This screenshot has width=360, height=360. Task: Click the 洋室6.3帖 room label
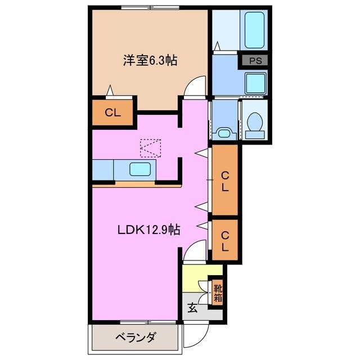(150, 60)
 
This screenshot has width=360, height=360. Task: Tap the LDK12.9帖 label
(148, 229)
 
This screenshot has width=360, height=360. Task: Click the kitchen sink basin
(139, 168)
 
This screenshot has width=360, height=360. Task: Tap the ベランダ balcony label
(136, 337)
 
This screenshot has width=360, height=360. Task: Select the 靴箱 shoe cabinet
(217, 292)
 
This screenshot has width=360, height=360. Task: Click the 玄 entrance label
(192, 308)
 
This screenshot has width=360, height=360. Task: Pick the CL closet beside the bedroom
(113, 111)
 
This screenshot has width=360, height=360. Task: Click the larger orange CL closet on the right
(225, 182)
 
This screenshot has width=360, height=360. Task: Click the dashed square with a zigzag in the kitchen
(150, 148)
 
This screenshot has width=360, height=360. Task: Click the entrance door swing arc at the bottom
(193, 337)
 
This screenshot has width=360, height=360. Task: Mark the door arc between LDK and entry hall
(193, 250)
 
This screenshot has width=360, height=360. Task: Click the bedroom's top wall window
(149, 8)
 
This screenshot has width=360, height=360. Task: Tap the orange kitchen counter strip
(137, 184)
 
